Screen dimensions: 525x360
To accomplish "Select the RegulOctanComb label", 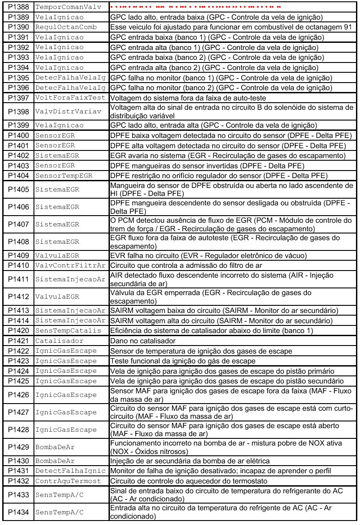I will [x=66, y=27].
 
